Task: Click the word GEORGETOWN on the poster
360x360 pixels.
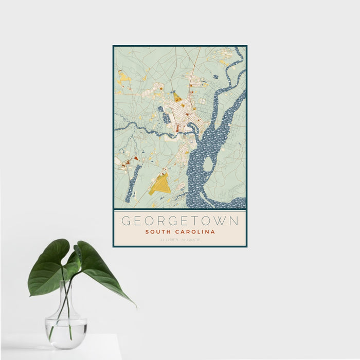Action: pos(179,221)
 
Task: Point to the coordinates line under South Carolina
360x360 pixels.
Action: pos(179,240)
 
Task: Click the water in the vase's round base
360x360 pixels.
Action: pos(66,330)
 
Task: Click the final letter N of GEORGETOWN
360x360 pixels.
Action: pos(234,221)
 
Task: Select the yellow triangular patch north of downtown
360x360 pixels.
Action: pos(177,97)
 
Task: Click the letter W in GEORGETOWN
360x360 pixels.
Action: pos(220,221)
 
